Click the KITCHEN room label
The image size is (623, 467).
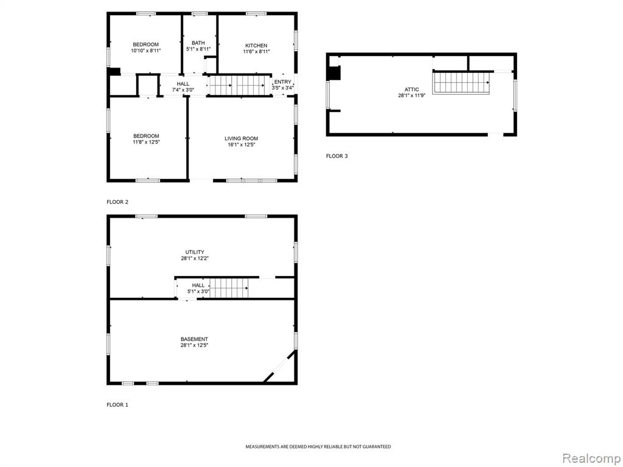[x=256, y=46]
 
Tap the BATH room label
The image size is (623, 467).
[x=198, y=43]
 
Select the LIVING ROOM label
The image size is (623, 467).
[x=241, y=139]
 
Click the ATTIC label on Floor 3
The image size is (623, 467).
[x=412, y=90]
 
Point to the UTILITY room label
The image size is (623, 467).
[x=195, y=252]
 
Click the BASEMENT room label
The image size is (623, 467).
[x=194, y=339]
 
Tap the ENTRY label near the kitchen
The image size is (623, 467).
[x=282, y=82]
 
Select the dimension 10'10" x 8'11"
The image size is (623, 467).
[x=146, y=51]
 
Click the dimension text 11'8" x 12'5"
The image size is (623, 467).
[x=146, y=142]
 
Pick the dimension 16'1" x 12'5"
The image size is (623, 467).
[x=241, y=145]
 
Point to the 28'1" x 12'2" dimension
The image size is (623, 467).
[x=195, y=258]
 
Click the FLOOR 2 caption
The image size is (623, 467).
[x=117, y=202]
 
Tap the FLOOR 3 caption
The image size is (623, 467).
[x=337, y=156]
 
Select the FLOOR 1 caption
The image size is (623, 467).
[x=117, y=405]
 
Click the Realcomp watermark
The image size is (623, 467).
[x=591, y=458]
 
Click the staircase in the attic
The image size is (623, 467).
[x=461, y=83]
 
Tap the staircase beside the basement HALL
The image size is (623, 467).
[x=229, y=288]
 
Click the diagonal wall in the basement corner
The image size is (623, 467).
[x=280, y=366]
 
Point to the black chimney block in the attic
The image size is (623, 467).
[x=333, y=73]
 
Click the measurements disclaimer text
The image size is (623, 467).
[x=318, y=447]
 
